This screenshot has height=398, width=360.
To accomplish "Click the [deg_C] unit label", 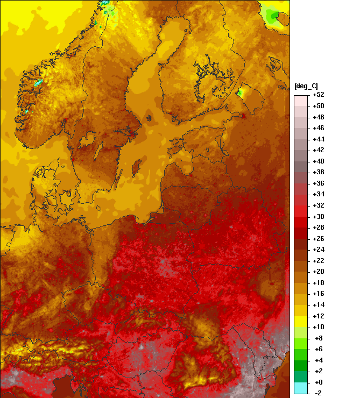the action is coord(306,87).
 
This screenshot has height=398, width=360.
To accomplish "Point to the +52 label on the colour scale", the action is coord(318,95).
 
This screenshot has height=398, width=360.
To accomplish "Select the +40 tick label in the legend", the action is coord(318,161).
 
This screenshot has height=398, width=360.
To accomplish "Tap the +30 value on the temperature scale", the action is coord(318,217).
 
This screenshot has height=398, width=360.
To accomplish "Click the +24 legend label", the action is coord(318,250).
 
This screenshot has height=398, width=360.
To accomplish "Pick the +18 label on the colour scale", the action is coord(318,283).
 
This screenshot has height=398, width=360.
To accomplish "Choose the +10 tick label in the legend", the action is coord(318,327).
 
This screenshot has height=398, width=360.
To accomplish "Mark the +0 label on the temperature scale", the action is coord(318,382).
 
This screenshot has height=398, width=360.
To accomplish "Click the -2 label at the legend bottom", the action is coord(318,393).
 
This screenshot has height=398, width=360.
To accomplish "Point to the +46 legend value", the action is coord(318,128).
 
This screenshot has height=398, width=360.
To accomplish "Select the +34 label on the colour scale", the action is coord(318,194).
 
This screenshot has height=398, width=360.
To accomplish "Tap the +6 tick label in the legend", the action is coord(318,349).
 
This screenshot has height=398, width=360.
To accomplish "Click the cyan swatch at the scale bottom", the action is coord(301,388).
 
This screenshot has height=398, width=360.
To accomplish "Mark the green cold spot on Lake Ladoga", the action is coord(240,93).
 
